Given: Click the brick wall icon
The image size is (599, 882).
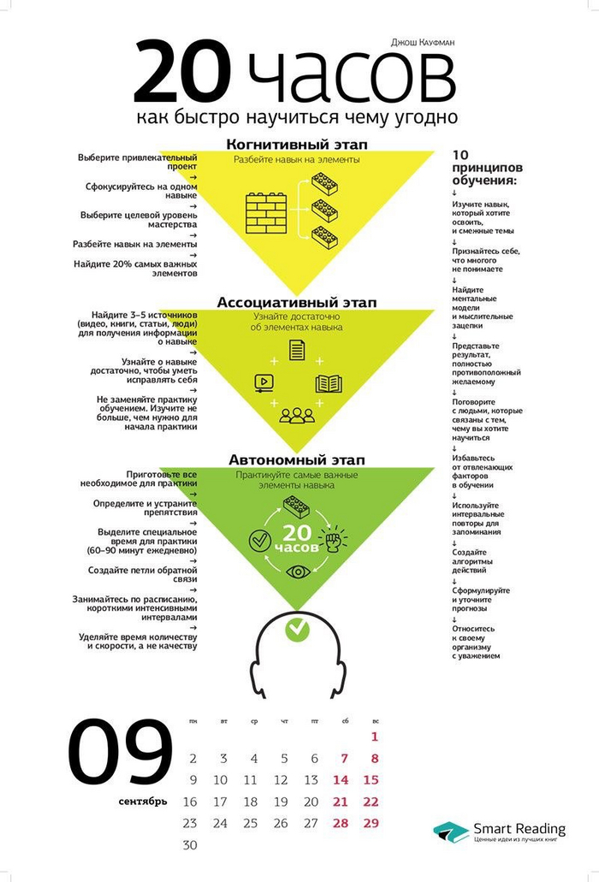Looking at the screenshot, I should point(265,210).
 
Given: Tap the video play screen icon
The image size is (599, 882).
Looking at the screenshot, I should point(264,382).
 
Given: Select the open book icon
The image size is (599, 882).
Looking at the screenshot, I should point(328,383).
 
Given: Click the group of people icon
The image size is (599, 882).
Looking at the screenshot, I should point(297,416).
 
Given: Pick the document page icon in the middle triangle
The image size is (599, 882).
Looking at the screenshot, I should point(297,350).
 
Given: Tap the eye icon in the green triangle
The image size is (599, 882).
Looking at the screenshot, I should point(298,571).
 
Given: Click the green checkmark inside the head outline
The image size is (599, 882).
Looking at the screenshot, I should point(297,629).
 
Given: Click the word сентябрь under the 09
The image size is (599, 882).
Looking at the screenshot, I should point(143,802).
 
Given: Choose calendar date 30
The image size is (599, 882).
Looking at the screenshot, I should point(190,844).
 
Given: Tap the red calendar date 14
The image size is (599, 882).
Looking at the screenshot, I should point(341,779).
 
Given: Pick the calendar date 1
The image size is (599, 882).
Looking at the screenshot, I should point(374,736).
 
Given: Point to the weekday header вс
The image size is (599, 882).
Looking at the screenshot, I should point(375,721).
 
